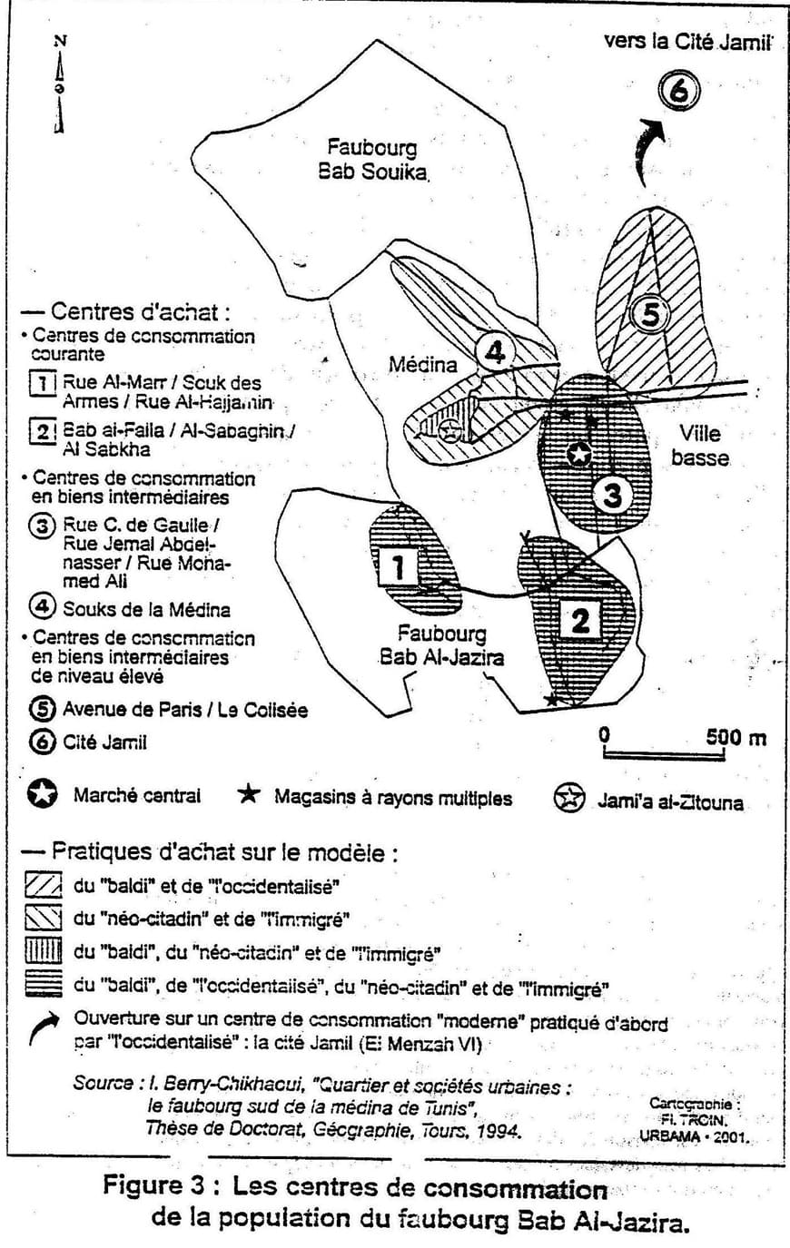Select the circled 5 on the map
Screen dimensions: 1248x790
[x=648, y=314]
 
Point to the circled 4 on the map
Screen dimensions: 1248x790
[x=495, y=352]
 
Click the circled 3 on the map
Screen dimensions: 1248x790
[x=612, y=495]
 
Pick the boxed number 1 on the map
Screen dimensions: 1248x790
[x=397, y=568]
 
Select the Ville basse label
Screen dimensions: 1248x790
[x=699, y=446]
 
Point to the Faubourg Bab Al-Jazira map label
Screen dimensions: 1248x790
[x=440, y=645]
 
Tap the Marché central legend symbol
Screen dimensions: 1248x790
[x=41, y=796]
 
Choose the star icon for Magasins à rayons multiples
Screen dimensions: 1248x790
[x=249, y=796]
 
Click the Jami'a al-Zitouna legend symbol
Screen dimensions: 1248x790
[x=568, y=800]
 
